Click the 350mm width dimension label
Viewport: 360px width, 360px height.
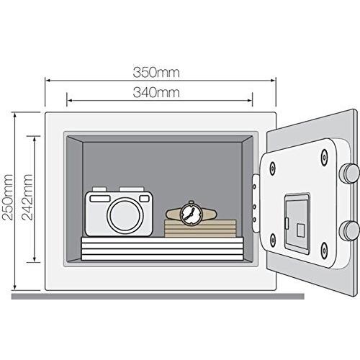(x=156, y=73)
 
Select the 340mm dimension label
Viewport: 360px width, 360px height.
(x=156, y=93)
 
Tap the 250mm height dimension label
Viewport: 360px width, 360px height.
(x=7, y=197)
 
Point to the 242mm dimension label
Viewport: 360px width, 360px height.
(x=27, y=197)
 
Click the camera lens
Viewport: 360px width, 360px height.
(x=125, y=214)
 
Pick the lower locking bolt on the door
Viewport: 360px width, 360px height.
(x=349, y=230)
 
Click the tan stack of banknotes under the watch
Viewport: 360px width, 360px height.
(x=200, y=228)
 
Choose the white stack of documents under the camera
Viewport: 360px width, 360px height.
(x=163, y=248)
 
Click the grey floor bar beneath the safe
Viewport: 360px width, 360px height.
(x=158, y=296)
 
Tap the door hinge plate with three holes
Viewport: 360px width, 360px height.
(x=256, y=203)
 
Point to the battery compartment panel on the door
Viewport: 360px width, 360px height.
(x=297, y=224)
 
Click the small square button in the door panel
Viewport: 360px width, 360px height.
(x=300, y=230)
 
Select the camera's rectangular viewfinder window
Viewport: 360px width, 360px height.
(x=100, y=199)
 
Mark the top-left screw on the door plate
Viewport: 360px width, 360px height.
(x=272, y=168)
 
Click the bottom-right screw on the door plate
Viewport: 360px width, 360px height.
(x=324, y=250)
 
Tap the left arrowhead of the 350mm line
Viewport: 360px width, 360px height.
(x=48, y=81)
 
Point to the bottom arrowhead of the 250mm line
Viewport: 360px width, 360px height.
(x=15, y=287)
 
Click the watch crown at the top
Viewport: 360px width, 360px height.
(x=191, y=202)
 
